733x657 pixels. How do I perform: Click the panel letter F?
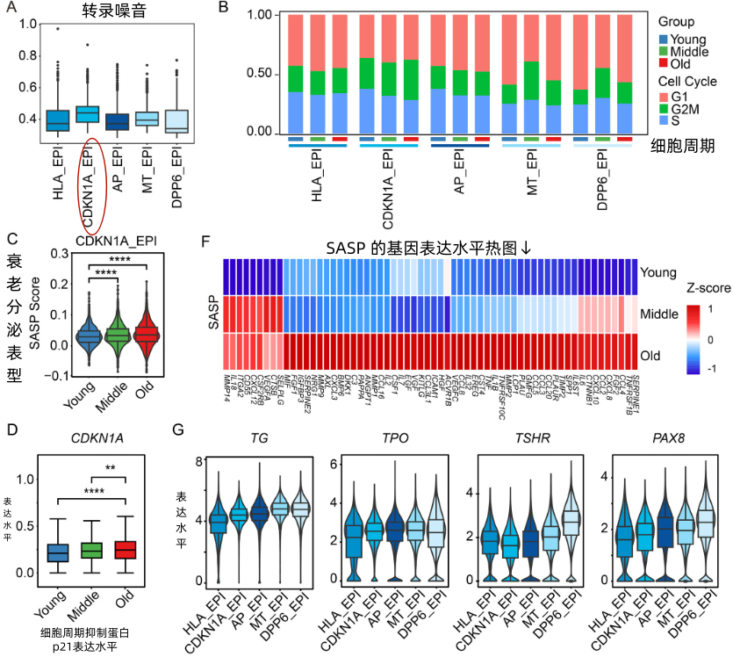click(x=205, y=240)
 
